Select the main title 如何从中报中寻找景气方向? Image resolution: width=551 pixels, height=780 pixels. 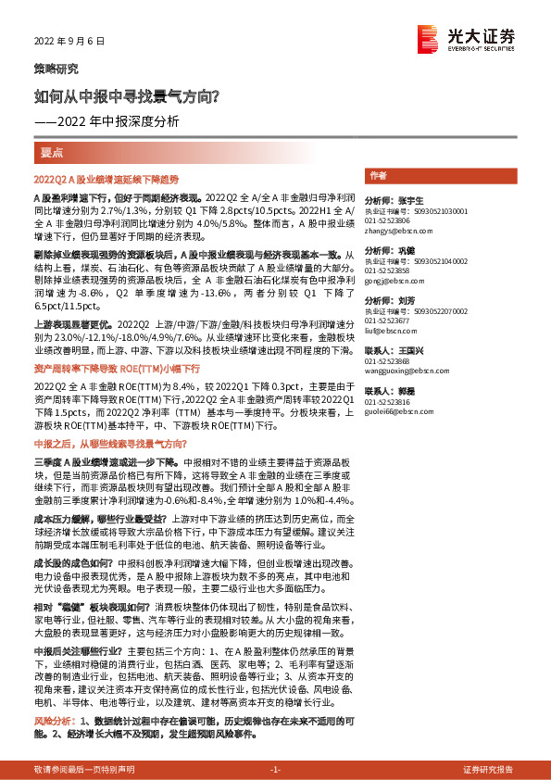127,95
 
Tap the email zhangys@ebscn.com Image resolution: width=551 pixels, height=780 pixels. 393,231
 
